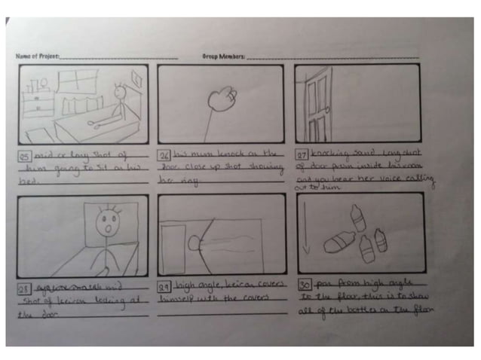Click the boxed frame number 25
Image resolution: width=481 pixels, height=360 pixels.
(x=25, y=155)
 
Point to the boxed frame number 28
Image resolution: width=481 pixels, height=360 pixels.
(x=24, y=286)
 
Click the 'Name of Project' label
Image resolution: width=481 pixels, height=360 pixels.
(x=37, y=56)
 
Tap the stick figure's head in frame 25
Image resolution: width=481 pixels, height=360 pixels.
(x=118, y=93)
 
